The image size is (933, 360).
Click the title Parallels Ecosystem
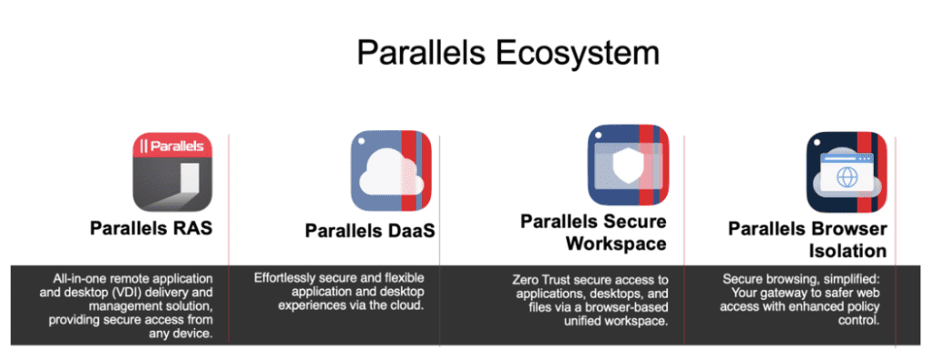508,52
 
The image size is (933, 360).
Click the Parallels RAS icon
173,171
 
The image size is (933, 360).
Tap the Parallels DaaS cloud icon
391,171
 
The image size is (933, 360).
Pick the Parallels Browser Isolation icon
846,171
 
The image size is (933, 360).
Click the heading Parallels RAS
151,228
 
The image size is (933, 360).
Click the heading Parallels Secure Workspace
593,232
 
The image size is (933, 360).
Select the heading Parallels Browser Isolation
807,239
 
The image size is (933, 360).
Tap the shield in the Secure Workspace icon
622,165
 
